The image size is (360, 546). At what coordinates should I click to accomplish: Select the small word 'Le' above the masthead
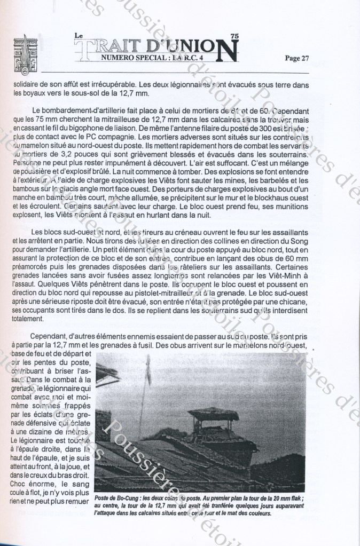[x=79, y=36]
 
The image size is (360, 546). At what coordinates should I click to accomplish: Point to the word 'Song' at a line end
[x=299, y=241]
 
